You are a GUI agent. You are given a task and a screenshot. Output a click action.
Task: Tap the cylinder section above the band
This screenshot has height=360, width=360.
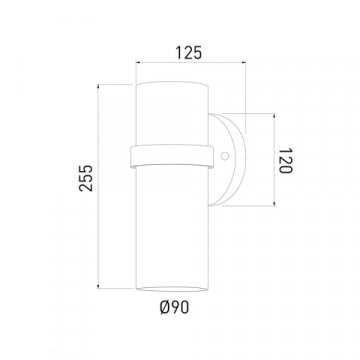[x=171, y=110]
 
